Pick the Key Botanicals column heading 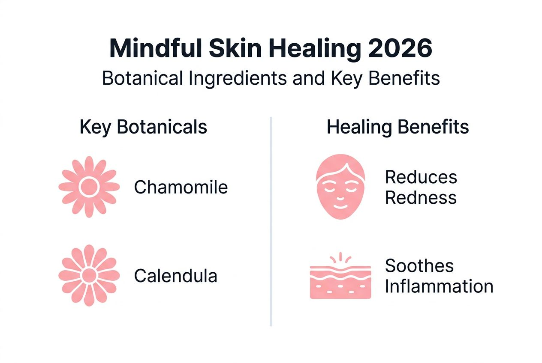143,127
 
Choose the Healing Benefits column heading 397,127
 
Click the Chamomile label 181,187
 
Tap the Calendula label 175,276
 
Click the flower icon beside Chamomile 89,187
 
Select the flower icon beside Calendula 89,275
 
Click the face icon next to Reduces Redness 340,187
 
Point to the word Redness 420,198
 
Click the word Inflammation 439,286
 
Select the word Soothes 419,266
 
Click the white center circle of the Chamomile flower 89,187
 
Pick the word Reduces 421,177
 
